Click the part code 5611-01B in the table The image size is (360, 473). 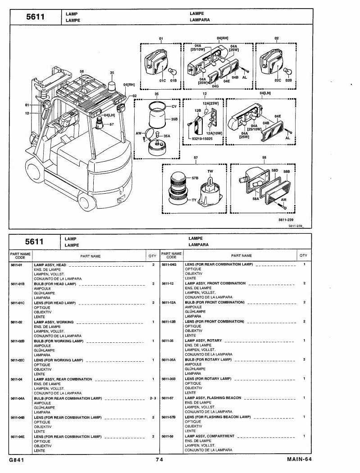pos(18,284)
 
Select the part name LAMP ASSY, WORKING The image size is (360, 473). pos(54,322)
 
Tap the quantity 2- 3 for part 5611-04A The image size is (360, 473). pos(153,399)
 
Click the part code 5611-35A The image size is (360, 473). pos(169,360)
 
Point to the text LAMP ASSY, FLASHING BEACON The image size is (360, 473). pos(213,398)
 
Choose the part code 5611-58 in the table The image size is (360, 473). pos(168,436)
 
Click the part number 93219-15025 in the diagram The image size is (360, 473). pos(202,139)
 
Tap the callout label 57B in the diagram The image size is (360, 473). pos(195,178)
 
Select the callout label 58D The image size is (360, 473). pos(274,170)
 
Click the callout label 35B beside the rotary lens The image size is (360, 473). pos(174,119)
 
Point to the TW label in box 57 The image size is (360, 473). pos(210,171)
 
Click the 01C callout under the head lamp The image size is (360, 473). pos(163,81)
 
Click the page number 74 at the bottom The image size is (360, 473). pos(159,460)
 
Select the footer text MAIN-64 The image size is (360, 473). pos(299,459)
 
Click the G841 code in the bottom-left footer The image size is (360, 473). pos(17,460)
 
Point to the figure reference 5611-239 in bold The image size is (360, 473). pos(286,220)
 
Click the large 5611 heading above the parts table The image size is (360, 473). pos(34,241)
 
